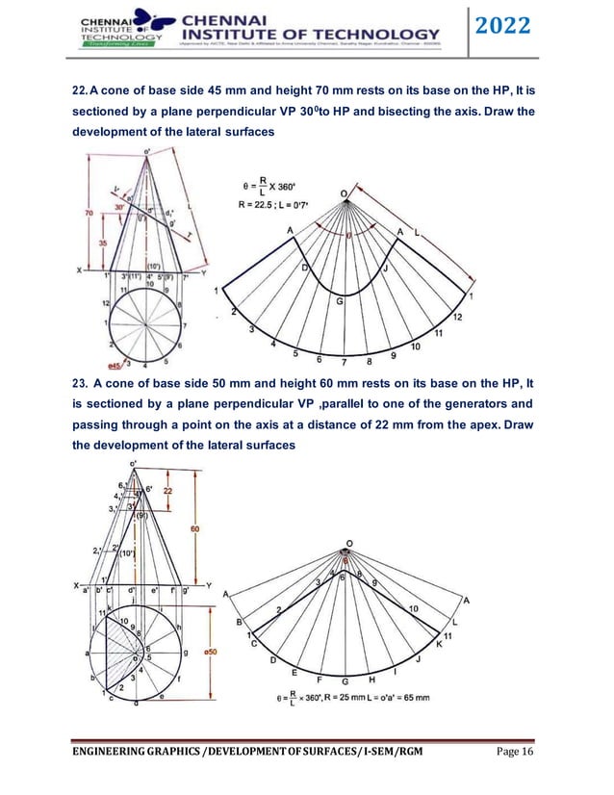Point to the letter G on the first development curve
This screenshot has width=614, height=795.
339,302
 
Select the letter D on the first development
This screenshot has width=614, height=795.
306,267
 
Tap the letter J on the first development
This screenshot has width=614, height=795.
384,269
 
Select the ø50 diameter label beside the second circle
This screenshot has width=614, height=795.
213,654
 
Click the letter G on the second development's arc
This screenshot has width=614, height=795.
345,680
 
